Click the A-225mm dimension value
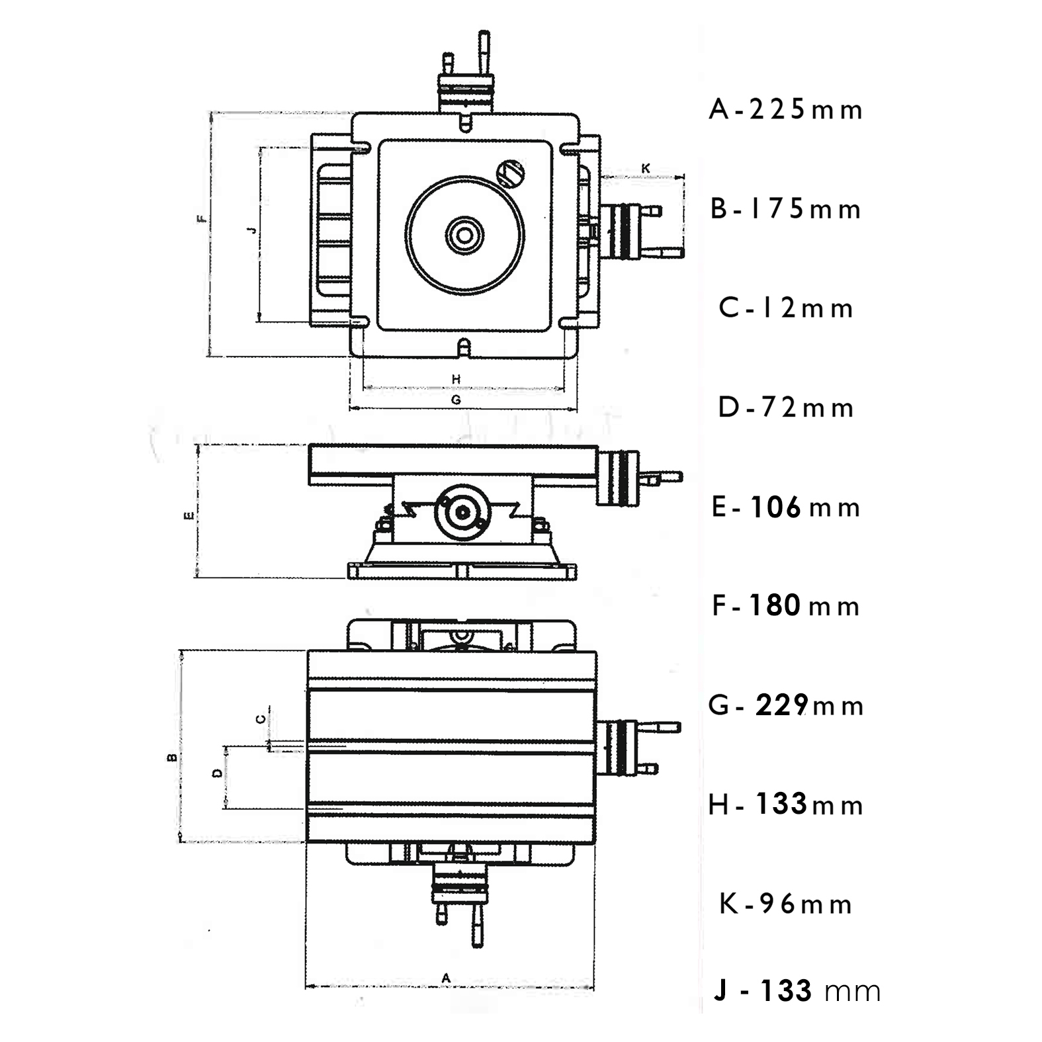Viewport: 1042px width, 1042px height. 786,110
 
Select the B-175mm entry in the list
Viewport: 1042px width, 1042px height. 786,209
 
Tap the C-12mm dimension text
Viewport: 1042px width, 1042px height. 786,308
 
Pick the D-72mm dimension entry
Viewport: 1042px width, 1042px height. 786,408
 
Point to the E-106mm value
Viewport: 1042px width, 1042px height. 786,507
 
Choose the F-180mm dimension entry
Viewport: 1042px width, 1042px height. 786,606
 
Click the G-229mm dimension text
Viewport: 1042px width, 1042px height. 786,705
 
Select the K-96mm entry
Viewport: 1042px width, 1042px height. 786,904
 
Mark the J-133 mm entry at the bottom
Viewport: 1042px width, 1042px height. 797,991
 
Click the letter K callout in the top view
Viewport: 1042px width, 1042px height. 646,169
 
